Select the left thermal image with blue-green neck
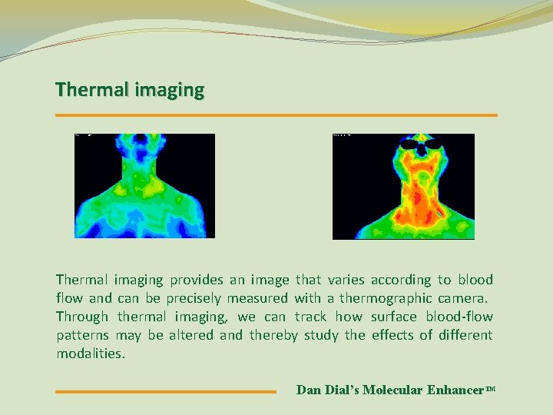(144, 186)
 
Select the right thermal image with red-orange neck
(403, 186)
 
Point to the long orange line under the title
(276, 115)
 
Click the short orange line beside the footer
(165, 391)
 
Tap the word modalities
(90, 354)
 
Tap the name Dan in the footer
(308, 390)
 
